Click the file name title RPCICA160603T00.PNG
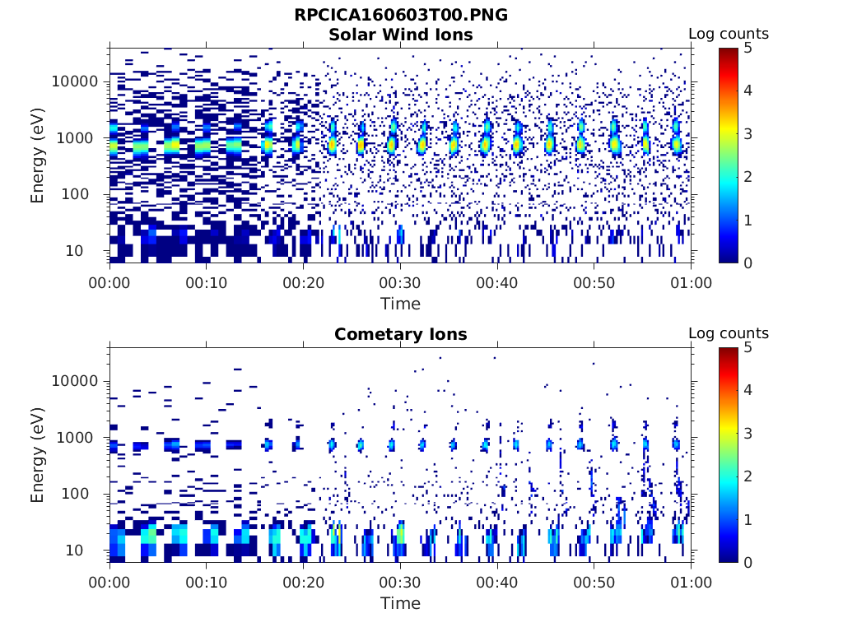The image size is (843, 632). (x=400, y=15)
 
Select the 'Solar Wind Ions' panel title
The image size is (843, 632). (x=400, y=35)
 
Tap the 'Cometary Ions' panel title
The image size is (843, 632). (x=400, y=334)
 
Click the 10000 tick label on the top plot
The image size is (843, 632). (x=75, y=81)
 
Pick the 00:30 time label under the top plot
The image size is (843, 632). (x=400, y=283)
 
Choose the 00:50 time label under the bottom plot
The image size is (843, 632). (x=594, y=583)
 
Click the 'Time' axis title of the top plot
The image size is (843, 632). (x=400, y=304)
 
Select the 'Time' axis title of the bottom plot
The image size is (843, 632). (x=400, y=603)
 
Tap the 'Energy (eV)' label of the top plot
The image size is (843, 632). (x=38, y=156)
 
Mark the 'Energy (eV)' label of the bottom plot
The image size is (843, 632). (x=38, y=455)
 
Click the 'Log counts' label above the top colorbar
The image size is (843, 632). (x=728, y=34)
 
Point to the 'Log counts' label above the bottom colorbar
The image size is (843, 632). (x=728, y=333)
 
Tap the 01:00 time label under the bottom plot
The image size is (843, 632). (x=692, y=583)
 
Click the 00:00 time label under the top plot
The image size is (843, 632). (x=109, y=283)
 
